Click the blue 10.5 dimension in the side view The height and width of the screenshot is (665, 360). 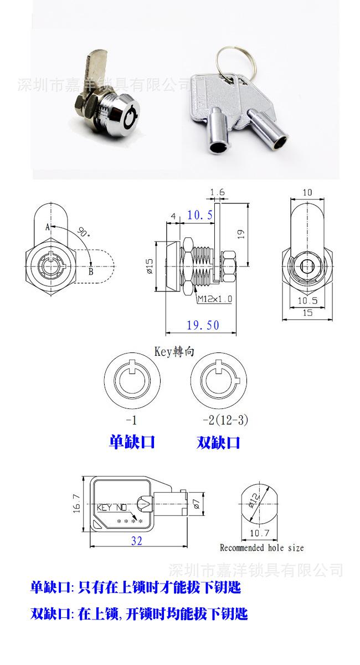tap(199, 214)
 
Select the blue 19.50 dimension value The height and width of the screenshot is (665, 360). tap(203, 325)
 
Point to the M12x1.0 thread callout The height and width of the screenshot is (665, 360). tap(215, 299)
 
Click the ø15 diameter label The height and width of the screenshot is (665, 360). tap(150, 265)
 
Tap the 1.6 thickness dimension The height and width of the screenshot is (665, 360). tap(218, 192)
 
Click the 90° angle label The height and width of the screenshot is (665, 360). tap(84, 232)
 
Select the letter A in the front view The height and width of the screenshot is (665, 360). tap(48, 227)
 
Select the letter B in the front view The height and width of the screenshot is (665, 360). tap(91, 272)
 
